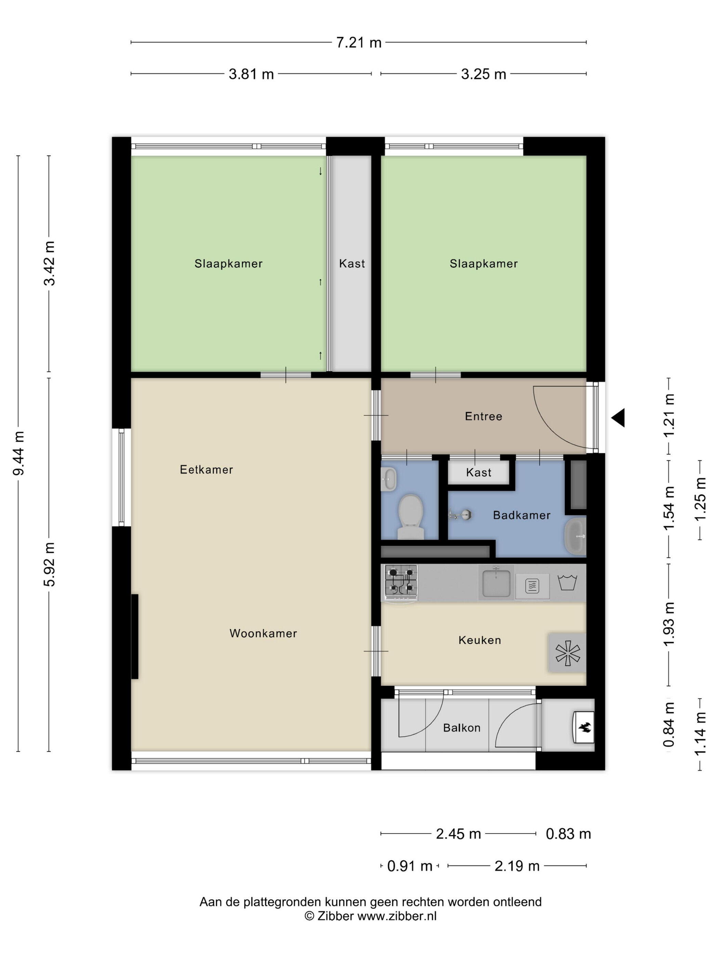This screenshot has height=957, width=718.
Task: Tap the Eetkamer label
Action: [207, 469]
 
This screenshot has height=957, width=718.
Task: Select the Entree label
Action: [483, 416]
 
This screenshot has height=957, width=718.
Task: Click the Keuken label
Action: [480, 640]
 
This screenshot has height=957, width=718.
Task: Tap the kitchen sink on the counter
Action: [496, 583]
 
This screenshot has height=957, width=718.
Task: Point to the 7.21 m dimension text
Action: [359, 43]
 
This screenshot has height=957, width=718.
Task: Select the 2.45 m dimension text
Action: [458, 833]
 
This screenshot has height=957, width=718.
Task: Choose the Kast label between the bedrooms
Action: [352, 264]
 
